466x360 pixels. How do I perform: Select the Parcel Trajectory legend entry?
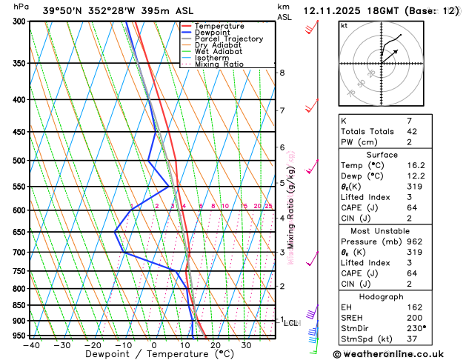229,39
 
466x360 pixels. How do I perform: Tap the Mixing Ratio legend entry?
219,64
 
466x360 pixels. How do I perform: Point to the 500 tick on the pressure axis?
19,161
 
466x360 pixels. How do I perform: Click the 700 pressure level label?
19,253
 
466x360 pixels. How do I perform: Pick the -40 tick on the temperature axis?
31,345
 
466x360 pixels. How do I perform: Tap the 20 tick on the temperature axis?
215,345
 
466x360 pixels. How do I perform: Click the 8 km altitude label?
282,73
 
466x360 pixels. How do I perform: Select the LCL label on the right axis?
291,323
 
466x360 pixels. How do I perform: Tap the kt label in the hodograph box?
344,26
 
